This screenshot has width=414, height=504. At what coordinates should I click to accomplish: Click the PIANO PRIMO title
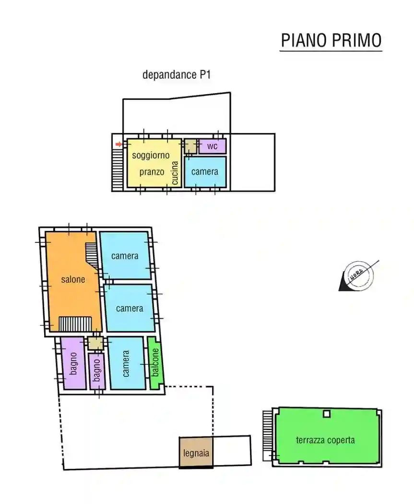[331, 40]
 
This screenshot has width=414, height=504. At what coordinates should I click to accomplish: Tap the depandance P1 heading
[177, 74]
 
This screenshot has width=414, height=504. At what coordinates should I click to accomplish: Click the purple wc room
[213, 146]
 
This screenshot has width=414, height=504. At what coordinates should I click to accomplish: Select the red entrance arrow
[119, 144]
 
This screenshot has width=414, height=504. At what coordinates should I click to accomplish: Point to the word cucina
[175, 173]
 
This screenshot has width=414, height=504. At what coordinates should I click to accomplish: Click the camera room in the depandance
[205, 172]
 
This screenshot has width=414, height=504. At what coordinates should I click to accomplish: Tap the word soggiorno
[151, 155]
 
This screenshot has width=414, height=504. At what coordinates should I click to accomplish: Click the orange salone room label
[73, 279]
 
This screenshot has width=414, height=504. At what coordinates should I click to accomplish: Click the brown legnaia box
[196, 452]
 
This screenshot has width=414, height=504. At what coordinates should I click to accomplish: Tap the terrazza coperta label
[325, 440]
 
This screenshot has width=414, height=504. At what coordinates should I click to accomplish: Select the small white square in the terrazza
[327, 414]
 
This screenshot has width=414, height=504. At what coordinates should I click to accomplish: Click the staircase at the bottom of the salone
[75, 324]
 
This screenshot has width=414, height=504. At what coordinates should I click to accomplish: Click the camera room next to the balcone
[126, 363]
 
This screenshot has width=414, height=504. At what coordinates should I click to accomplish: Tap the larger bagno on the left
[73, 363]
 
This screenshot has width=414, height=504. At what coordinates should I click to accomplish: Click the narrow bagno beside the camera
[97, 371]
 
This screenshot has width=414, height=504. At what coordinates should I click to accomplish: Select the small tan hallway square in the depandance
[190, 146]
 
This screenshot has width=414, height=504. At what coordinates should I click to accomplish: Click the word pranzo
[152, 172]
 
